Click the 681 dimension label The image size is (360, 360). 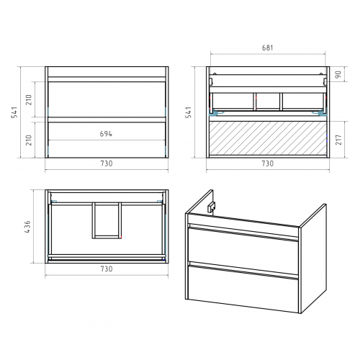(x=267, y=48)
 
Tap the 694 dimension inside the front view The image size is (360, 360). (x=106, y=134)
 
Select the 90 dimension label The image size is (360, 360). (x=338, y=74)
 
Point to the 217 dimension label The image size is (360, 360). (x=338, y=140)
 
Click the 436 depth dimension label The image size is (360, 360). (x=27, y=227)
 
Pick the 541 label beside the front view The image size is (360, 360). (x=14, y=112)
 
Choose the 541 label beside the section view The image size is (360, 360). (x=189, y=112)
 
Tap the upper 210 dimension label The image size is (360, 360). (x=29, y=99)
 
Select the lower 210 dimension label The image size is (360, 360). (x=29, y=140)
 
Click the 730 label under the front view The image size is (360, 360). (x=107, y=163)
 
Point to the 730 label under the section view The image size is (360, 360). (x=267, y=163)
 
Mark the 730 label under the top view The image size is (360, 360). (x=107, y=269)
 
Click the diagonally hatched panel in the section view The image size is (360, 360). (x=268, y=138)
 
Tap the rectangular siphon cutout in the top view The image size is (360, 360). (x=107, y=220)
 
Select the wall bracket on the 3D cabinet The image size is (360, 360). (x=212, y=207)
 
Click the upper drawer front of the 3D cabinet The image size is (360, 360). (x=243, y=247)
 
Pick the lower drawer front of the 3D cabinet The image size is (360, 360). (x=243, y=289)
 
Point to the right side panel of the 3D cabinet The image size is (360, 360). (x=313, y=258)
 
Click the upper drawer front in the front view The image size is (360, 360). (x=107, y=99)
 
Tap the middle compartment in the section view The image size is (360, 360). (x=268, y=102)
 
